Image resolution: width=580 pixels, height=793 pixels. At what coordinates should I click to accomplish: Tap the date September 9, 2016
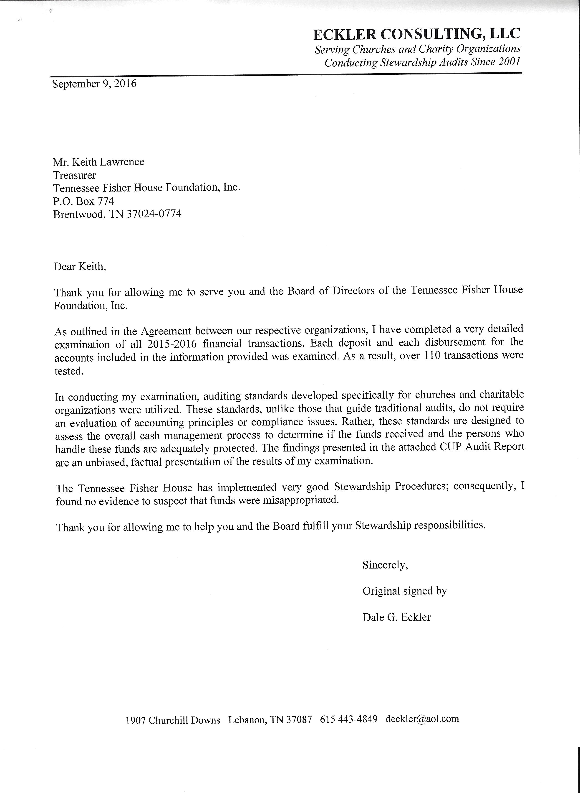click(x=94, y=84)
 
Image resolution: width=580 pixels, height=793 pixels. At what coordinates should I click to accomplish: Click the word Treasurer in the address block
click(x=74, y=175)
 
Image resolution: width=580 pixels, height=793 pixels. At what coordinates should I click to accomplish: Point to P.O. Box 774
click(x=83, y=201)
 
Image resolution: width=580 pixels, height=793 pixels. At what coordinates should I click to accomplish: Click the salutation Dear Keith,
click(x=79, y=266)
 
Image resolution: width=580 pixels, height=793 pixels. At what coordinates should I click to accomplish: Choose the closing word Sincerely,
click(x=385, y=565)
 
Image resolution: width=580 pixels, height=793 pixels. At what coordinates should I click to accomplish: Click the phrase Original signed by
click(x=404, y=591)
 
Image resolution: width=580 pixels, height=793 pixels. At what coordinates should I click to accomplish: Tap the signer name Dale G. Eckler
click(x=396, y=617)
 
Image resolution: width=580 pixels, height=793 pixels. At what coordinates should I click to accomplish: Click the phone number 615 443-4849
click(x=349, y=719)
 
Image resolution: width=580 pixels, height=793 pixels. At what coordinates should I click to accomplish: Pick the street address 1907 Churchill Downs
click(x=173, y=720)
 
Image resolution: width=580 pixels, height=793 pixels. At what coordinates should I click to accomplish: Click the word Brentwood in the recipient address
click(x=79, y=214)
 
